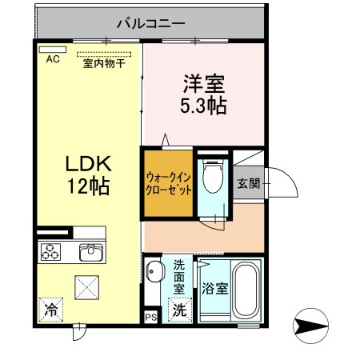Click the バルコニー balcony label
[x=151, y=23]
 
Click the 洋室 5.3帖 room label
[x=205, y=94]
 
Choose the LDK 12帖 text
[x=87, y=175]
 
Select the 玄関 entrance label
[x=248, y=183]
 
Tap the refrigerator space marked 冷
[x=51, y=307]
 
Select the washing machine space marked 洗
[x=181, y=309]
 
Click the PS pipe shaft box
[x=151, y=316]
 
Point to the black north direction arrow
[x=313, y=326]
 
